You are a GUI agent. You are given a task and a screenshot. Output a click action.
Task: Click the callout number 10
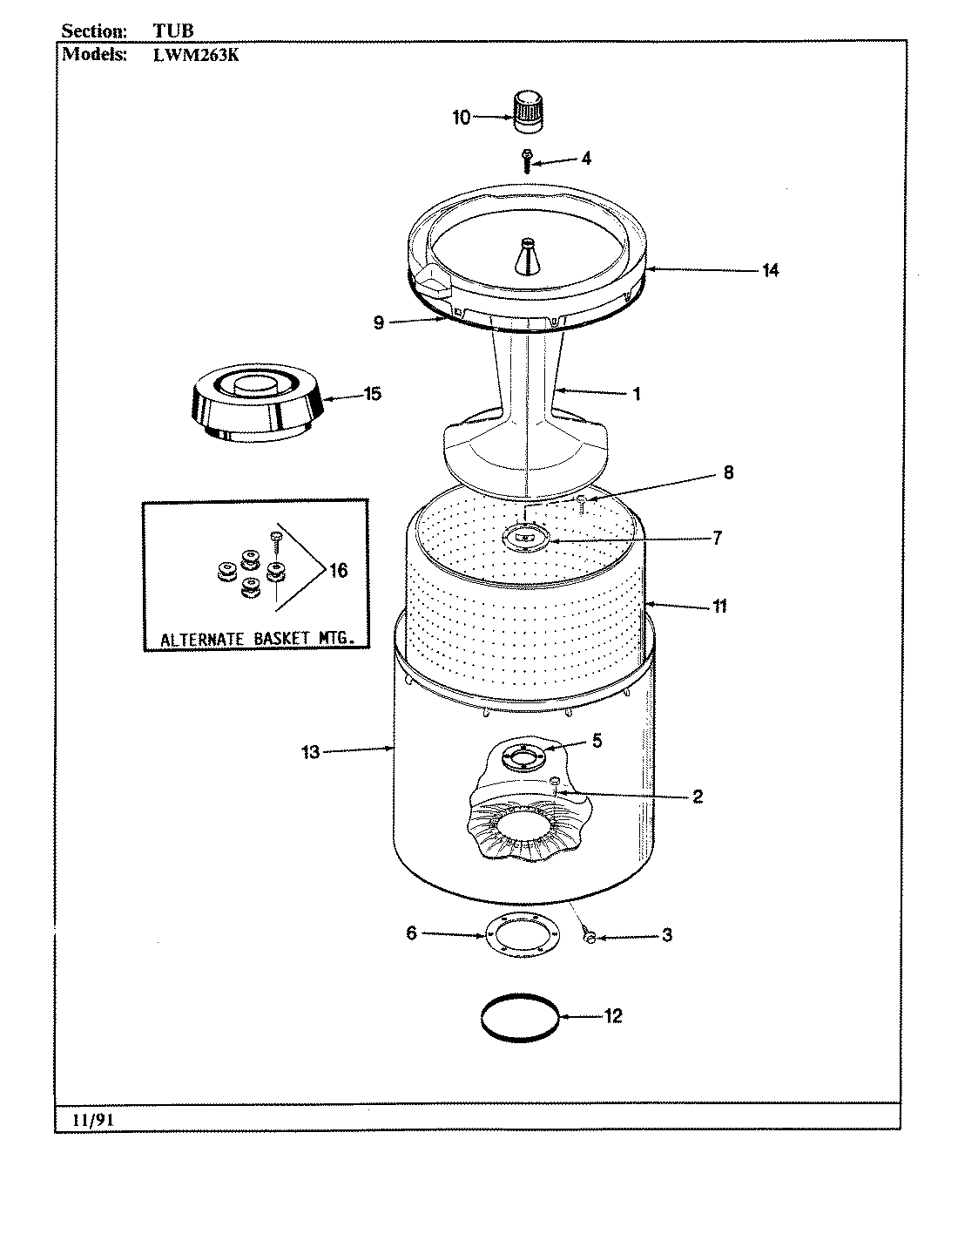(x=462, y=118)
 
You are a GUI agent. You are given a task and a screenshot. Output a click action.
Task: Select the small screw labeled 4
(x=526, y=161)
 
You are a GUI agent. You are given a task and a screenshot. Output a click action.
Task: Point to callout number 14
(x=769, y=270)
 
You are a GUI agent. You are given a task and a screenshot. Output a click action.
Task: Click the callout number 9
(x=378, y=323)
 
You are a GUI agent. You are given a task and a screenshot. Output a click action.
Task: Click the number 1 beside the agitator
(x=637, y=394)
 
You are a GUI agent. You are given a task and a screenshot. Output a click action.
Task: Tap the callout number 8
(x=727, y=472)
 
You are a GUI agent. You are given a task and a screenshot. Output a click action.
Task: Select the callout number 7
(x=717, y=538)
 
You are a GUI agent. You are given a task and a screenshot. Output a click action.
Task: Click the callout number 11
(x=719, y=606)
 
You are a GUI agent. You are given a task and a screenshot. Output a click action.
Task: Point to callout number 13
(x=311, y=751)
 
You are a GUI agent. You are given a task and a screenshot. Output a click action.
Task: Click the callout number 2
(x=698, y=796)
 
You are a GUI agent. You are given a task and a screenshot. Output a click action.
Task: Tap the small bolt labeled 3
(x=589, y=937)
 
